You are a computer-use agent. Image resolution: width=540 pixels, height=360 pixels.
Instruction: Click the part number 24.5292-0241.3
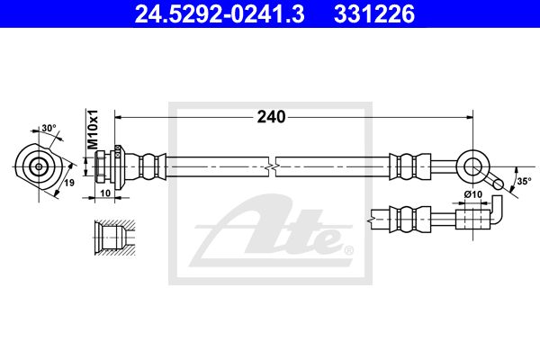point(220,14)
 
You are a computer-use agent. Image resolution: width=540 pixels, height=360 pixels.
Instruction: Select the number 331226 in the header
point(374,14)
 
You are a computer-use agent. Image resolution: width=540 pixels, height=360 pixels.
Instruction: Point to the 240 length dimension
point(272,117)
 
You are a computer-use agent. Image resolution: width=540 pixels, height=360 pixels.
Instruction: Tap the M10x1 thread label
point(93,130)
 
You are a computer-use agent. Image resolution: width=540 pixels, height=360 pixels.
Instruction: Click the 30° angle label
point(49,128)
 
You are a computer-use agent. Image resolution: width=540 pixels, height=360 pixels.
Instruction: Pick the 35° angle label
point(524,181)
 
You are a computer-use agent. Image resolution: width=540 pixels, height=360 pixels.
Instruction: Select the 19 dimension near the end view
point(69,183)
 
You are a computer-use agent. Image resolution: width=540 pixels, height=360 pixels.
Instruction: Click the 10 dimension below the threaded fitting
point(105,193)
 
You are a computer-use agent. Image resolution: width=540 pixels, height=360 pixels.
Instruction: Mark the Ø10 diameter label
point(472,194)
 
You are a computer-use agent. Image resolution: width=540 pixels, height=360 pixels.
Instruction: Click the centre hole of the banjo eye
point(472,166)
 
